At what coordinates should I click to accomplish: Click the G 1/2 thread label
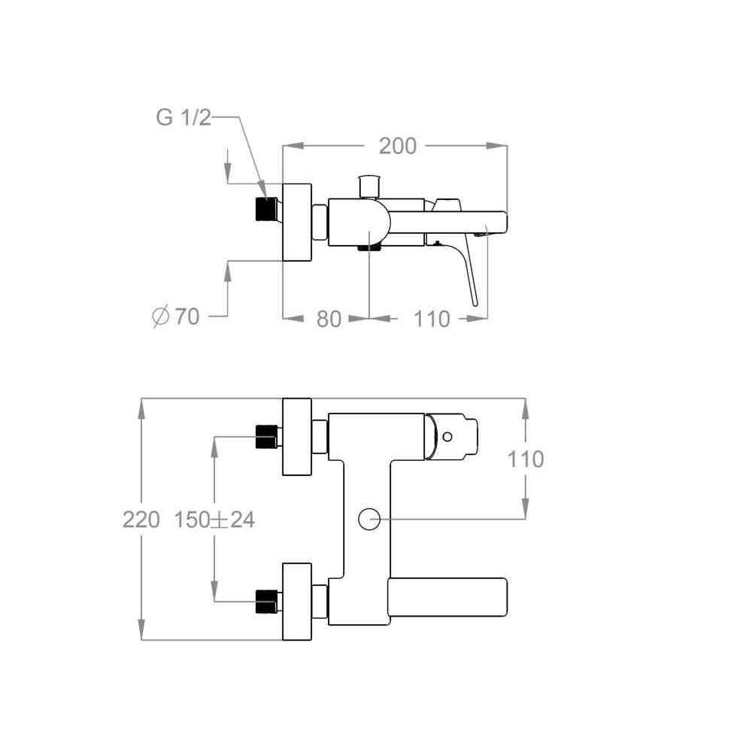183,117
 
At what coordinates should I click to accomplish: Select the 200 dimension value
398,146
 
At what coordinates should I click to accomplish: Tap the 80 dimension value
329,319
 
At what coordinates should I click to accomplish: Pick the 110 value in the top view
432,319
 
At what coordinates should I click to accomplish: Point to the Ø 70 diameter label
175,317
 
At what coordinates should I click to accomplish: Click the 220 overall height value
141,520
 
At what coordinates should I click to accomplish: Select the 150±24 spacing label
214,520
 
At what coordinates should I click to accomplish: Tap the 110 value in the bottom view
526,459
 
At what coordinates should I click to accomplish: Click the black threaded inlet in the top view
266,209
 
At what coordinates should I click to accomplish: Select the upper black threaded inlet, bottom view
266,437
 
